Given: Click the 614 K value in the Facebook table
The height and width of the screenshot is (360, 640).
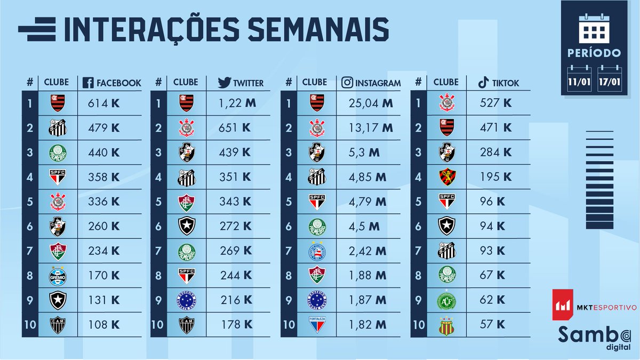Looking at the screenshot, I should tap(103, 103).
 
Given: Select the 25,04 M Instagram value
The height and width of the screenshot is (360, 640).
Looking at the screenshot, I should tap(368, 103).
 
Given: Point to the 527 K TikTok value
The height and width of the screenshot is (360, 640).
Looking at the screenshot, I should tap(495, 103).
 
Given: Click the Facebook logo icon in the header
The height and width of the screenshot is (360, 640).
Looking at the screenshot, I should tap(89, 83).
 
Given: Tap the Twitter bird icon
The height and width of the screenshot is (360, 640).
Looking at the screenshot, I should tap(224, 83).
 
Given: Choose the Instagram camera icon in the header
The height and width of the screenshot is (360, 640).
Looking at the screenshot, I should tap(347, 83).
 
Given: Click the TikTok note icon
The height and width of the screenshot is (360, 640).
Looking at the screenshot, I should tap(483, 82).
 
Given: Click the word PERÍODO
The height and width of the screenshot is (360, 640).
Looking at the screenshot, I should tap(594, 53).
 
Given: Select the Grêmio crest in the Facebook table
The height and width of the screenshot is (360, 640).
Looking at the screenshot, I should tap(57, 276).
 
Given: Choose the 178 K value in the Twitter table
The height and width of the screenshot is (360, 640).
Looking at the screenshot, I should tap(235, 324).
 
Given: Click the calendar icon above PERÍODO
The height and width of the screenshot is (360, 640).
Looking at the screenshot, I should tap(594, 27).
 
